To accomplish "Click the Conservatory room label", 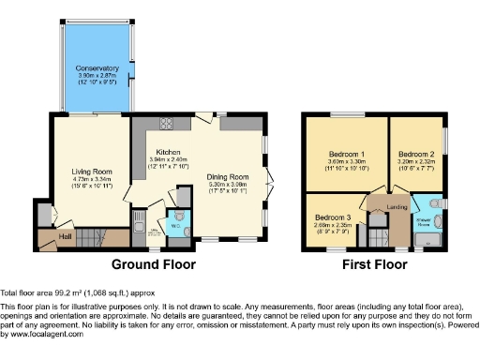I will (x=97, y=67).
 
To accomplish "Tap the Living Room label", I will (x=92, y=172).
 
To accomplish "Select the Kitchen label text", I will (x=169, y=151).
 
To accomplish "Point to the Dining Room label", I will (x=228, y=177).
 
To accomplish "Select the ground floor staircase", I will (x=90, y=238).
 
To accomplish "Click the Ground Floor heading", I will (x=154, y=265).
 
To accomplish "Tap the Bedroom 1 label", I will (x=346, y=153).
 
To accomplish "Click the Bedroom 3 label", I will (x=332, y=215).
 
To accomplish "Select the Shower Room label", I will (x=425, y=225).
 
